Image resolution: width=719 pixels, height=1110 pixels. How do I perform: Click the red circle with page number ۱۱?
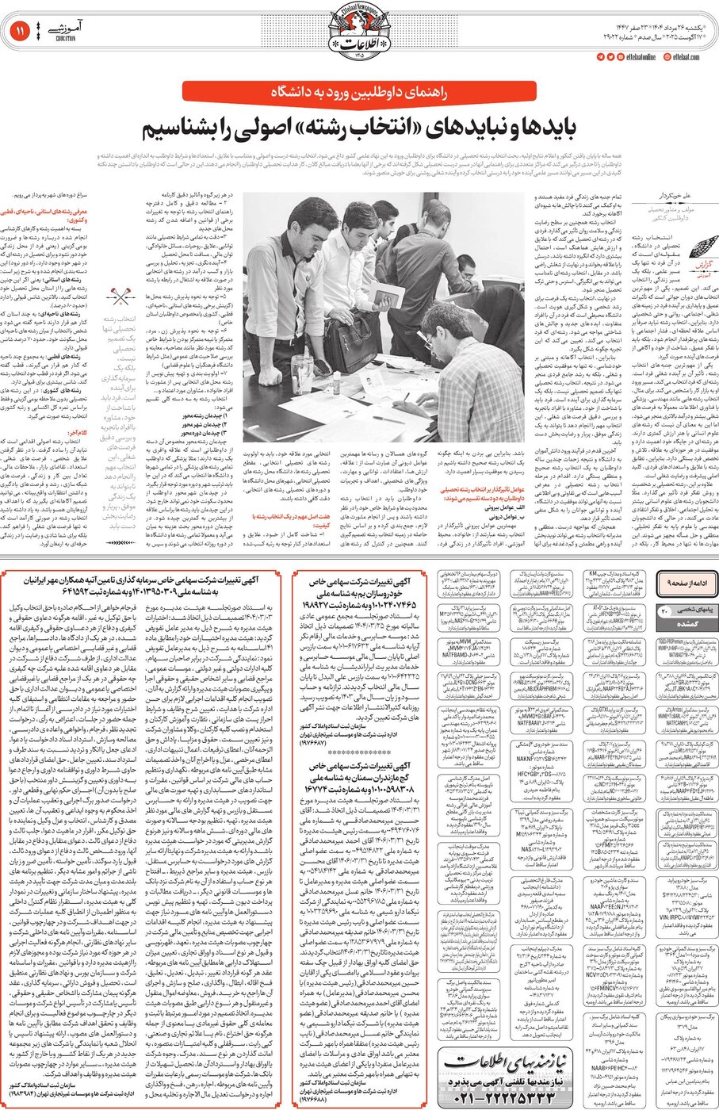[19, 32]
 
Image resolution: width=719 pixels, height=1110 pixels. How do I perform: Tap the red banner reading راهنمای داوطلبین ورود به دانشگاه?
[359, 92]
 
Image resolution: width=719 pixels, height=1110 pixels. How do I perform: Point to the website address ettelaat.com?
[686, 57]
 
